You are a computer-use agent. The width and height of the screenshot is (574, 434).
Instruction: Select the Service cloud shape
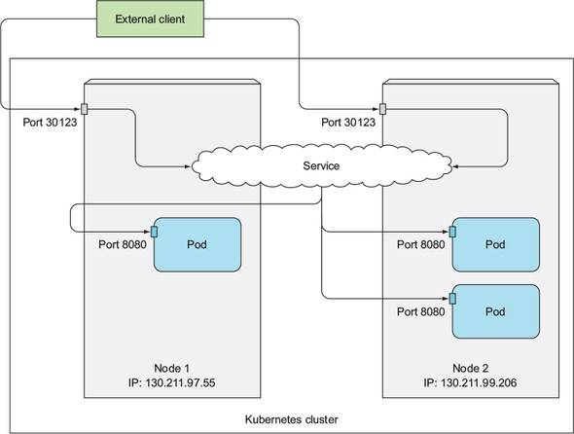click(320, 166)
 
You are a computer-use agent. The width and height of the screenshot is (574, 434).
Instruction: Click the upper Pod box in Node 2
click(496, 244)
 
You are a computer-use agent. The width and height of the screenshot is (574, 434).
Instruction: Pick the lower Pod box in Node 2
click(496, 310)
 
